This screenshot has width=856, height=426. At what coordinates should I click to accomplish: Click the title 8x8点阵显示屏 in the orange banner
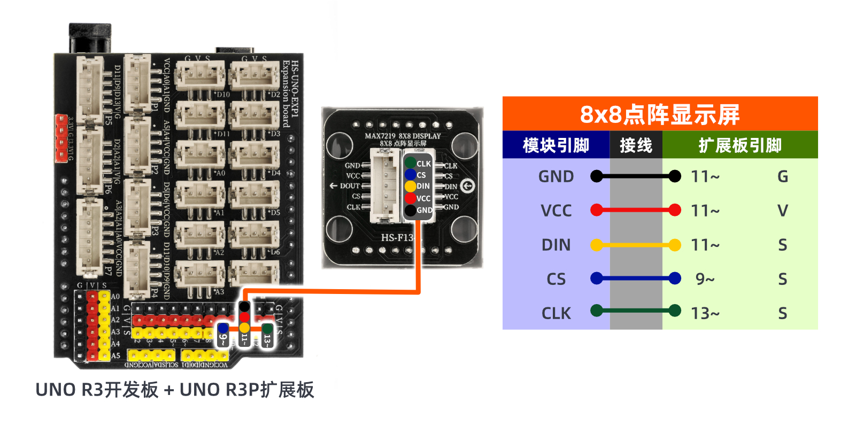coord(660,114)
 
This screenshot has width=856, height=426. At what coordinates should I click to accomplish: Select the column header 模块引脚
coord(556,145)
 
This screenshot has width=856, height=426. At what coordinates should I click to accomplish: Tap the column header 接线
coord(636,145)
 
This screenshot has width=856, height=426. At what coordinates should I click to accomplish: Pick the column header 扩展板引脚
coord(740,145)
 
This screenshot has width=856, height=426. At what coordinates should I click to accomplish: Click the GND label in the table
coord(556,176)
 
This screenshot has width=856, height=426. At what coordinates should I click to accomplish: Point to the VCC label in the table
coord(556,211)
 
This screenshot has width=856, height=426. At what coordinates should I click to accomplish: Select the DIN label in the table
coord(556,245)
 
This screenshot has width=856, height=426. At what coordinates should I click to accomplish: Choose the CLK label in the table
coord(556,313)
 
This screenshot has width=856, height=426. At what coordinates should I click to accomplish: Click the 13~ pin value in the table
coord(705,313)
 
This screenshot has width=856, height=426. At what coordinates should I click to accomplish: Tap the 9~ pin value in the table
coord(705,279)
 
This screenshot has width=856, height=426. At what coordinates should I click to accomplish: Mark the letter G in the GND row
coord(783,176)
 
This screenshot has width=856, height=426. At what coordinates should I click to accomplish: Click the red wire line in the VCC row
coord(636,210)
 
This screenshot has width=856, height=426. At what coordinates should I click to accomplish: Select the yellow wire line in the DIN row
coord(636,245)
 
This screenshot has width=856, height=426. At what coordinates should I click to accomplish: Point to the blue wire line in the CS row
coord(636,278)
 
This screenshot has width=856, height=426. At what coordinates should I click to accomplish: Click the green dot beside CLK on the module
coord(410,163)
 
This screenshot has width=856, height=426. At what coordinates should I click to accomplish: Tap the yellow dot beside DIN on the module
coord(410,186)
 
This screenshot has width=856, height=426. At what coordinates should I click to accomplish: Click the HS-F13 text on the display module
coord(397,237)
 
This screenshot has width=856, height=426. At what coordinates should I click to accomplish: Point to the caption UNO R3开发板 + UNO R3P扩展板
coord(175,390)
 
